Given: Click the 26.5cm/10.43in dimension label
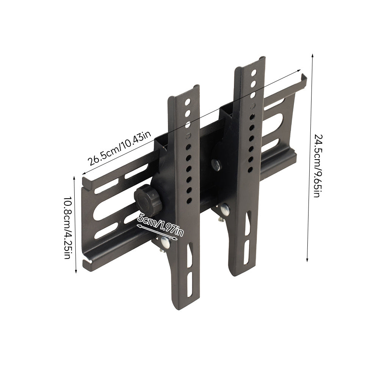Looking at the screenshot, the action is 119,149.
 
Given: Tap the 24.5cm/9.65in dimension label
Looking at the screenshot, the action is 318,166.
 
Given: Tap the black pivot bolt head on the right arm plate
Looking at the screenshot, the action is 216,164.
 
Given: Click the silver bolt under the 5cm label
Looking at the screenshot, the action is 166,243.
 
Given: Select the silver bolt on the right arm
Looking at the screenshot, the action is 225,210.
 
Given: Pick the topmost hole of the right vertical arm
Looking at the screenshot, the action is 254,72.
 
